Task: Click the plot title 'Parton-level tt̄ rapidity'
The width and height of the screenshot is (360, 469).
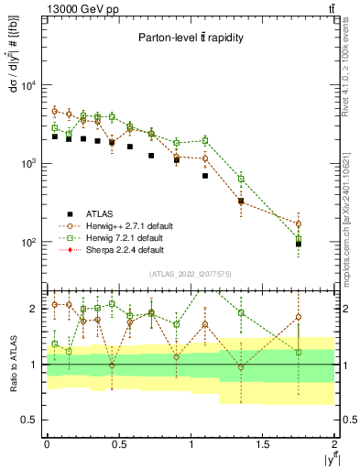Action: click(191, 38)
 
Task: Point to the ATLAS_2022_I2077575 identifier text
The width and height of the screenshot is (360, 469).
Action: click(191, 274)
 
